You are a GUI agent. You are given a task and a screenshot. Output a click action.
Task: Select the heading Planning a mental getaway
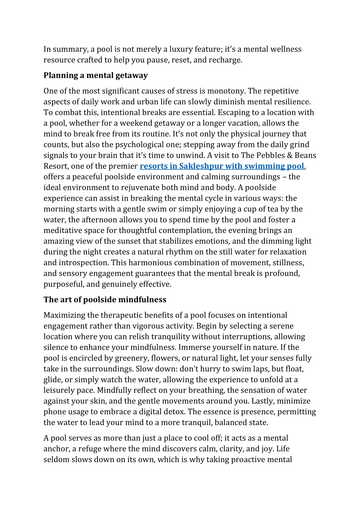95,75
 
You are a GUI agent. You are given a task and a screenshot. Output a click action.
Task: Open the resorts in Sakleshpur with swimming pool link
222,166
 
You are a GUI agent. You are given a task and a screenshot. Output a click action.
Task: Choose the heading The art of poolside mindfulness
105,300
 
